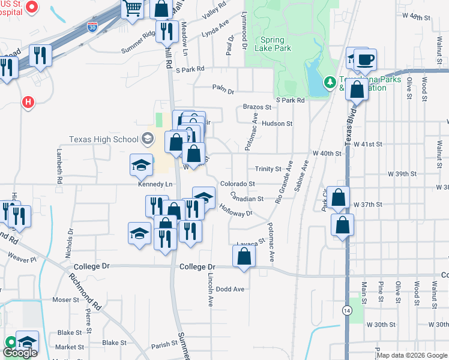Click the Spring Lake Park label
coord(273,44)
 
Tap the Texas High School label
coord(104,139)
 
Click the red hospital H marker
coord(28,103)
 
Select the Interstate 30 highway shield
coord(92,27)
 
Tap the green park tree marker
coord(329,82)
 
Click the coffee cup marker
coord(365,59)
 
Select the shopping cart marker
coord(133,8)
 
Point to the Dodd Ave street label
coord(231,289)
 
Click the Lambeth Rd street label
coord(59,166)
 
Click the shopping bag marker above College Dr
coord(244,256)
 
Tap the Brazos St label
coord(257,107)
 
